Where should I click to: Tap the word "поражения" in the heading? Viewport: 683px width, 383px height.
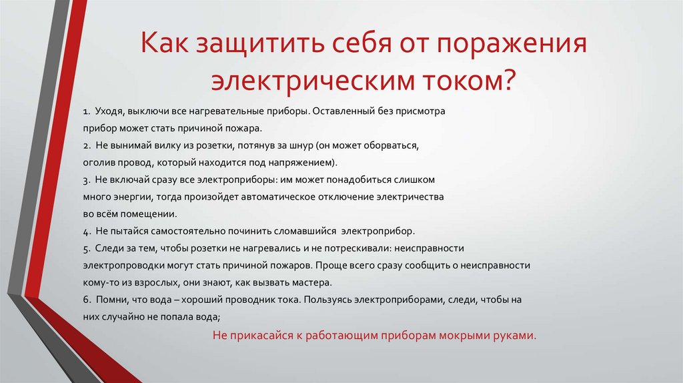(512, 44)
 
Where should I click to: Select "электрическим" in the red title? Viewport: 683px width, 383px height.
(313, 80)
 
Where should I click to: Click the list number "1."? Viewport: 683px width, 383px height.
(87, 111)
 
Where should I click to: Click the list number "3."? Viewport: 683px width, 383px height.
(87, 180)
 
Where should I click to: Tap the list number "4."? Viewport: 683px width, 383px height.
(87, 232)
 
